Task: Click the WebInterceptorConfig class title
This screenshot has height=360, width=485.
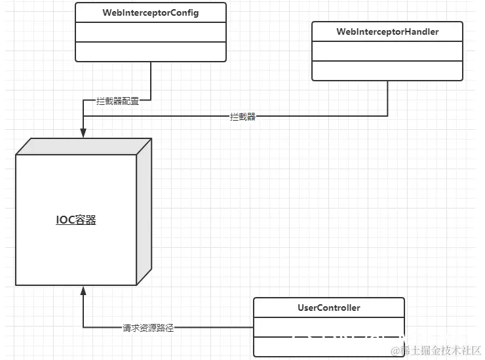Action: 151,13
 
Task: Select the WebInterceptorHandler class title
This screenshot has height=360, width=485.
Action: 387,31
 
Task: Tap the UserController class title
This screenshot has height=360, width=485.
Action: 329,308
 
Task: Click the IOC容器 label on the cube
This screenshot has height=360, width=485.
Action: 75,220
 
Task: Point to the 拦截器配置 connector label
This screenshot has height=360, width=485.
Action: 118,102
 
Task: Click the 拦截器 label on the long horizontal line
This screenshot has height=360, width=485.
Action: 242,117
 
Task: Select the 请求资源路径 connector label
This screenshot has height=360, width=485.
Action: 148,328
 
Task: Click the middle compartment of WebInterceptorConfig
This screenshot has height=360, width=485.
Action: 151,32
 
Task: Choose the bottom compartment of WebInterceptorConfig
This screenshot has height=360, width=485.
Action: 151,51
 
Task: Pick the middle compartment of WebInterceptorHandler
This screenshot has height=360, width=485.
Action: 387,50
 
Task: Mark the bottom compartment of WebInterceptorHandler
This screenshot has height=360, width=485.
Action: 387,70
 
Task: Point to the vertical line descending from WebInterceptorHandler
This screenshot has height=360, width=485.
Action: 387,98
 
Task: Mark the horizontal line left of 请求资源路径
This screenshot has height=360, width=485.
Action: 102,328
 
